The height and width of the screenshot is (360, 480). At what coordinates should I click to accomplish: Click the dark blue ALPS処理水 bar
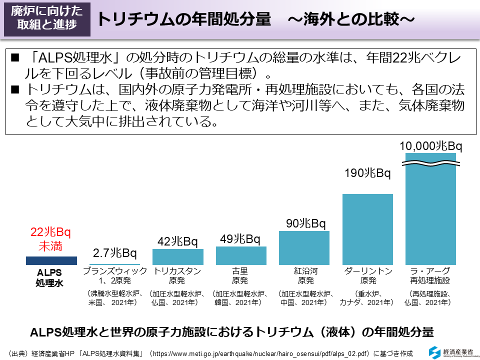coord(51,260)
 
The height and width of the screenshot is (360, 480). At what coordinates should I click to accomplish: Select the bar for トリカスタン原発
coord(177,256)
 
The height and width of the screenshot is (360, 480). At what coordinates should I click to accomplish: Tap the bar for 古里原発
coord(241,255)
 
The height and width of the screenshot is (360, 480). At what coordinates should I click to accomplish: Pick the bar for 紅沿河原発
coord(304,247)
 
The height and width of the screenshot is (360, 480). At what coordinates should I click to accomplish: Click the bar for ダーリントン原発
coord(367,229)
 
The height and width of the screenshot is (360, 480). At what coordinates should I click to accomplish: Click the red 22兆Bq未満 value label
coord(51,239)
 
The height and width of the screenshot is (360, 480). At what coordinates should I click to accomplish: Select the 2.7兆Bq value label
coord(114,252)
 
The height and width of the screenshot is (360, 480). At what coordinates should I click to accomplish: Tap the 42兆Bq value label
coord(177,241)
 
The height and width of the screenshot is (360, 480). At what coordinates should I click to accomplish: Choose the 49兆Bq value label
coord(240,239)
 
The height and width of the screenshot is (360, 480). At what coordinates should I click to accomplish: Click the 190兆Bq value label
coord(367,173)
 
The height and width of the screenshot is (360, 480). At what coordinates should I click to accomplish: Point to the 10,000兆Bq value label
coord(430,146)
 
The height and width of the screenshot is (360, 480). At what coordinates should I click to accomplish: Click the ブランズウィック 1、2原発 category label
coord(114,275)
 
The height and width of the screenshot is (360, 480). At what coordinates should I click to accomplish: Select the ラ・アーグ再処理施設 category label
coord(430,275)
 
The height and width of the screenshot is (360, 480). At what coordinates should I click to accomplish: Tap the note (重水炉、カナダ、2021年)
coord(367,298)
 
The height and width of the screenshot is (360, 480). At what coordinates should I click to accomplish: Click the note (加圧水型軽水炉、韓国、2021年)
coord(241,298)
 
